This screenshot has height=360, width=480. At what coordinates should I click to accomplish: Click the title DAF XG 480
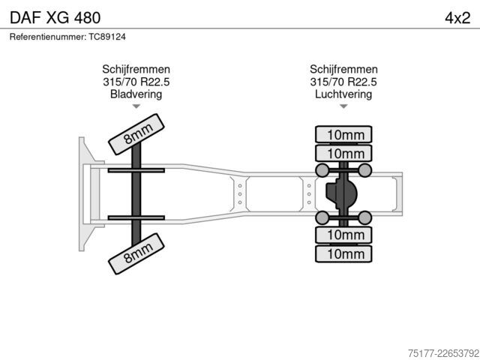[x=55, y=18]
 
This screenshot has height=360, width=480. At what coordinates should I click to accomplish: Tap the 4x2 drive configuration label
[x=457, y=18]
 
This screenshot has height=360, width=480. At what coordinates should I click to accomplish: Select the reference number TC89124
[x=107, y=37]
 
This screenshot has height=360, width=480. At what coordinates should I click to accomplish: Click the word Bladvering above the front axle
[x=136, y=94]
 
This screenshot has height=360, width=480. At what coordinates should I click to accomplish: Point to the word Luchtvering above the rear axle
[x=343, y=94]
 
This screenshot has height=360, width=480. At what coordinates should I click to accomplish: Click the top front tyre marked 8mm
[x=136, y=134]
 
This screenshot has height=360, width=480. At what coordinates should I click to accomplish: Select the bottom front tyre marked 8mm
[x=136, y=253]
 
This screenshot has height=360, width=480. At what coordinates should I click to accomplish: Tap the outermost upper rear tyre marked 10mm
[x=343, y=134]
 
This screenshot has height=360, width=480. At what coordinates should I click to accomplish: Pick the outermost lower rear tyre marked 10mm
[x=343, y=253]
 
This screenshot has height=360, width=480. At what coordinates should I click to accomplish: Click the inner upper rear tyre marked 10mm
[x=343, y=153]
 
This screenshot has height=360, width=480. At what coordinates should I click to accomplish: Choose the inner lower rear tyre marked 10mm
[x=343, y=235]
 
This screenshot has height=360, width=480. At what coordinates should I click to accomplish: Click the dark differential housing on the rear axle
[x=341, y=194]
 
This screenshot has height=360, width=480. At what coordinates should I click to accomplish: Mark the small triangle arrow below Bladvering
[x=136, y=106]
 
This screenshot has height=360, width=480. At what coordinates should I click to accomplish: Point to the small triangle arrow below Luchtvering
[x=343, y=106]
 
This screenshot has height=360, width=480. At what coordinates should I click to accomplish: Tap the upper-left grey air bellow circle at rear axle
[x=322, y=170]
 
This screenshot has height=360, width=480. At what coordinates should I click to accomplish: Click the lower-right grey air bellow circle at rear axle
[x=365, y=217]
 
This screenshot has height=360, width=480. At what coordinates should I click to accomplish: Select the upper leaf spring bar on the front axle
[x=136, y=170]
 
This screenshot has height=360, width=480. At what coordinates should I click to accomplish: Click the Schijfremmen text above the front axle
[x=136, y=69]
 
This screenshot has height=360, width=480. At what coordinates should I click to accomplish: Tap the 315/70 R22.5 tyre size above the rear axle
[x=343, y=82]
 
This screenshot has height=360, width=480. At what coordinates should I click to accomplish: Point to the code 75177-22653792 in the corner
[x=443, y=353]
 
